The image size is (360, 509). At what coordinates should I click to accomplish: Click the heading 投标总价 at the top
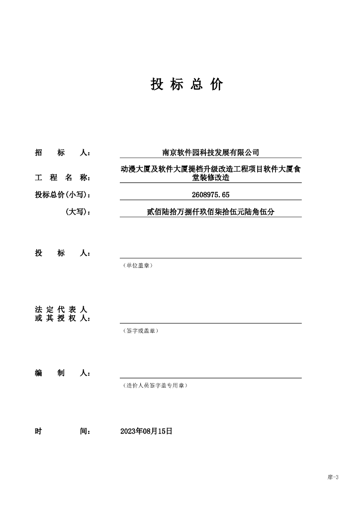(186, 85)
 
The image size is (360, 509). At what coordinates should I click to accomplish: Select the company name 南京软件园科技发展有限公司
(211, 153)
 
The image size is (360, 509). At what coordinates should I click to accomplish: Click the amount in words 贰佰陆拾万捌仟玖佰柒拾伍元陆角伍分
(211, 212)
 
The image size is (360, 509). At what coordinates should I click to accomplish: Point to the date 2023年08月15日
(146, 431)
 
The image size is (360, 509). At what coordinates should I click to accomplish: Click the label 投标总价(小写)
(63, 194)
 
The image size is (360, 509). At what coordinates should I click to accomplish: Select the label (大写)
(78, 212)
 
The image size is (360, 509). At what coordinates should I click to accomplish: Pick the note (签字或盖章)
(141, 331)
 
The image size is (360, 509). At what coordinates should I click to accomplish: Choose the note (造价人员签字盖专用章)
(155, 385)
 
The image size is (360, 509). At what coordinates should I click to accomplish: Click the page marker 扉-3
(333, 477)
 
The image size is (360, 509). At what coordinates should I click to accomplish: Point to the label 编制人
(63, 373)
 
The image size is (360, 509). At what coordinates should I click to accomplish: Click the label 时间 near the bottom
(63, 431)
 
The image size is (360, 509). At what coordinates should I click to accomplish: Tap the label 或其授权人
(63, 318)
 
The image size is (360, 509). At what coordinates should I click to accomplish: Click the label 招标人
(63, 153)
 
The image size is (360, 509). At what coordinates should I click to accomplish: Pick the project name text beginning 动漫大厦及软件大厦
(211, 173)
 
